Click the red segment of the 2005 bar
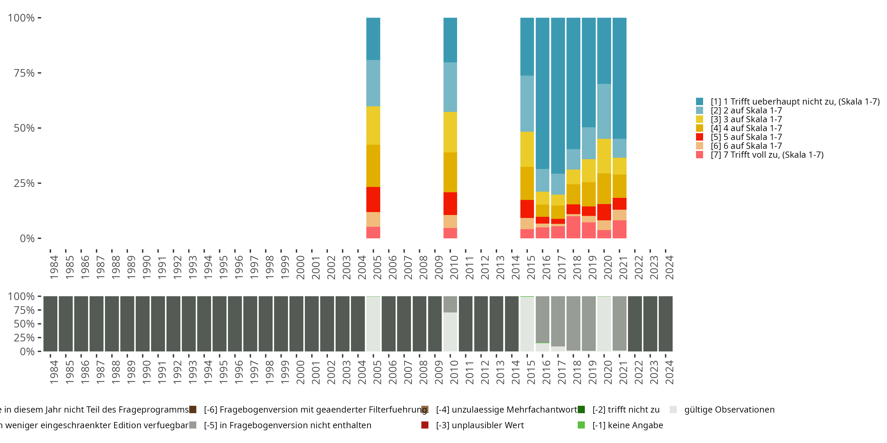coord(373,199)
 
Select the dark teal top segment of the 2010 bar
coord(450,40)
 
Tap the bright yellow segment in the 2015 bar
coord(527,149)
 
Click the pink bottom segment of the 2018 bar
coord(573,227)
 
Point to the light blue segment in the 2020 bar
coord(604,111)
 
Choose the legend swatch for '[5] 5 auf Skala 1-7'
coord(699,137)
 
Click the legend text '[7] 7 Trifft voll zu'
coord(767,155)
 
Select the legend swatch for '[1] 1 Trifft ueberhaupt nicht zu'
coord(699,102)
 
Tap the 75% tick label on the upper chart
coord(24,73)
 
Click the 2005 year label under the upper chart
coord(377,267)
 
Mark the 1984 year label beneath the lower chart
coord(54,372)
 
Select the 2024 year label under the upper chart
coord(669,267)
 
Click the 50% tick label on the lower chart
coord(24,324)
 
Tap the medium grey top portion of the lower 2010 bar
coord(450,304)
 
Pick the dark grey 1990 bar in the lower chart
coord(143,324)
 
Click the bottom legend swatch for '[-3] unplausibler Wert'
coord(425,425)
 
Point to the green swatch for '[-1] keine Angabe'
coord(581,425)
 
